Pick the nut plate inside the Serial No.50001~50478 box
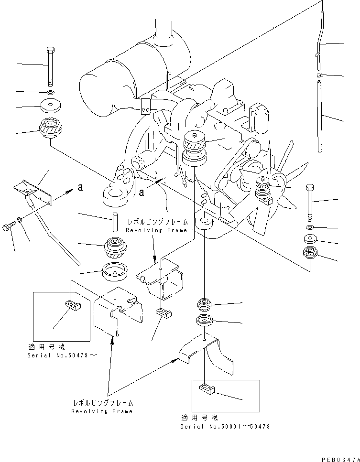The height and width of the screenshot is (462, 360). click(206, 388)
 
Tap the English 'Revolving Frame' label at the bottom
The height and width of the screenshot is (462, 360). click(102, 411)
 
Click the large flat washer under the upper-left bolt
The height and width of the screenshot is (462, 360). click(51, 106)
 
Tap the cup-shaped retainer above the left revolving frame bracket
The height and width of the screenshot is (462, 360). click(114, 271)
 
